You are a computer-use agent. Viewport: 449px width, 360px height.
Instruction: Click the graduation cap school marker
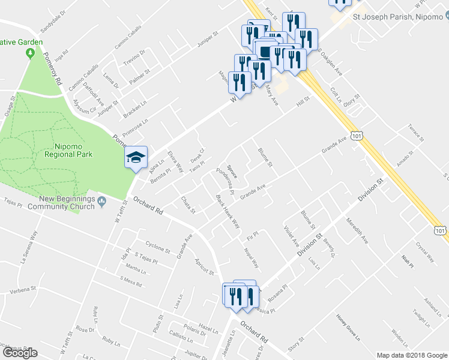pyautogui.click(x=136, y=158)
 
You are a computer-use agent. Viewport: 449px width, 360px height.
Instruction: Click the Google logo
pyautogui.click(x=20, y=353)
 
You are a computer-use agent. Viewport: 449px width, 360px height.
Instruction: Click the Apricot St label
pyautogui.click(x=205, y=267)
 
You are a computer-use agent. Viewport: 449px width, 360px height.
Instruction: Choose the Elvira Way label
pyautogui.click(x=175, y=161)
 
